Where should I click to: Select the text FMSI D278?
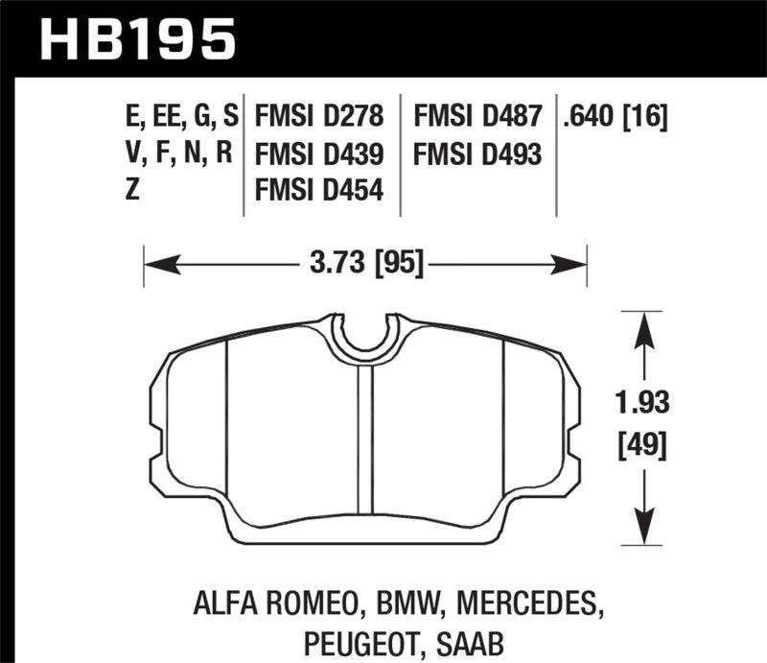coord(319,119)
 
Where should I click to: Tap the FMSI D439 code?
coord(319,154)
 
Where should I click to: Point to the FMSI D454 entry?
coord(319,190)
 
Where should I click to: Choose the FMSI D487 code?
coord(477,119)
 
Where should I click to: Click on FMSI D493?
coord(477,154)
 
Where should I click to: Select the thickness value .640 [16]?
coord(616,119)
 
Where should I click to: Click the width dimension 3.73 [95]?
coord(365,261)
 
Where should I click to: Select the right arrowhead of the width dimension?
coord(574,261)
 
